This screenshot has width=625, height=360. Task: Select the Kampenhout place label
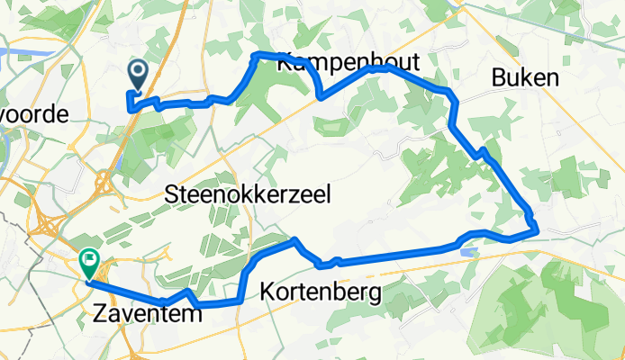[x=333, y=62]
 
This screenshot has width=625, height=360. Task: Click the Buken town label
[x=525, y=78]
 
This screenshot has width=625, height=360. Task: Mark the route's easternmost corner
[x=538, y=231]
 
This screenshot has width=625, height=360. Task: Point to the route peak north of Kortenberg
[x=294, y=239]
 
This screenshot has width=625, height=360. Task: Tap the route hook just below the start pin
[x=132, y=106]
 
